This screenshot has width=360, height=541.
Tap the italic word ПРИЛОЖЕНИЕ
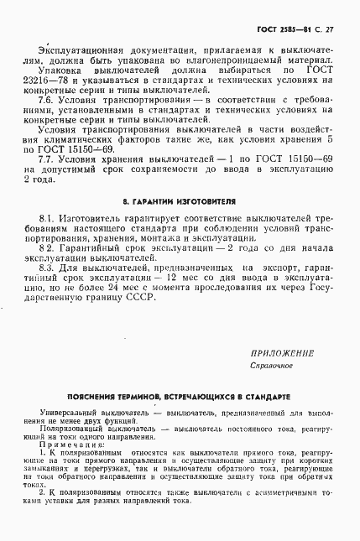tap(282, 353)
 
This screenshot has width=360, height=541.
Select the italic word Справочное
tap(270, 367)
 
